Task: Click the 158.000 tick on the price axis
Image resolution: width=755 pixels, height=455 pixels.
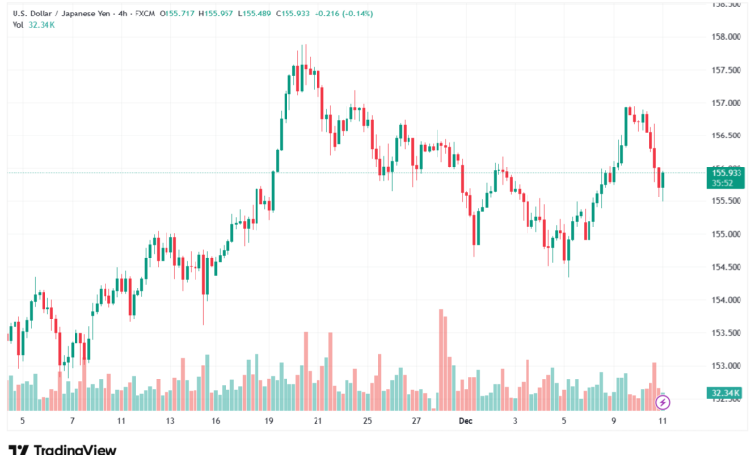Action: tap(726, 37)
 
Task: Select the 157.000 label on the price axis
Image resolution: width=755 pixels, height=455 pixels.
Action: tap(726, 103)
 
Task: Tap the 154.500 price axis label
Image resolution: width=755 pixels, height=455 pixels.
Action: tap(726, 267)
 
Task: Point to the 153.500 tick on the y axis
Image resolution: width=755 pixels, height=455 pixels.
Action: tap(726, 333)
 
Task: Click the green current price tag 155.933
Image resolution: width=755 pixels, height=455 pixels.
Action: tap(726, 172)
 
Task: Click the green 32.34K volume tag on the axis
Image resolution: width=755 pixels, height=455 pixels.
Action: tap(726, 393)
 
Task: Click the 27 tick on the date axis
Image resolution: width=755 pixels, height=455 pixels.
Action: tap(415, 422)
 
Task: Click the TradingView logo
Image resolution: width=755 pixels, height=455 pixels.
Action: tap(62, 449)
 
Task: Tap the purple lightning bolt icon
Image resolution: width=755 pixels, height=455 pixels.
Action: tap(663, 401)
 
